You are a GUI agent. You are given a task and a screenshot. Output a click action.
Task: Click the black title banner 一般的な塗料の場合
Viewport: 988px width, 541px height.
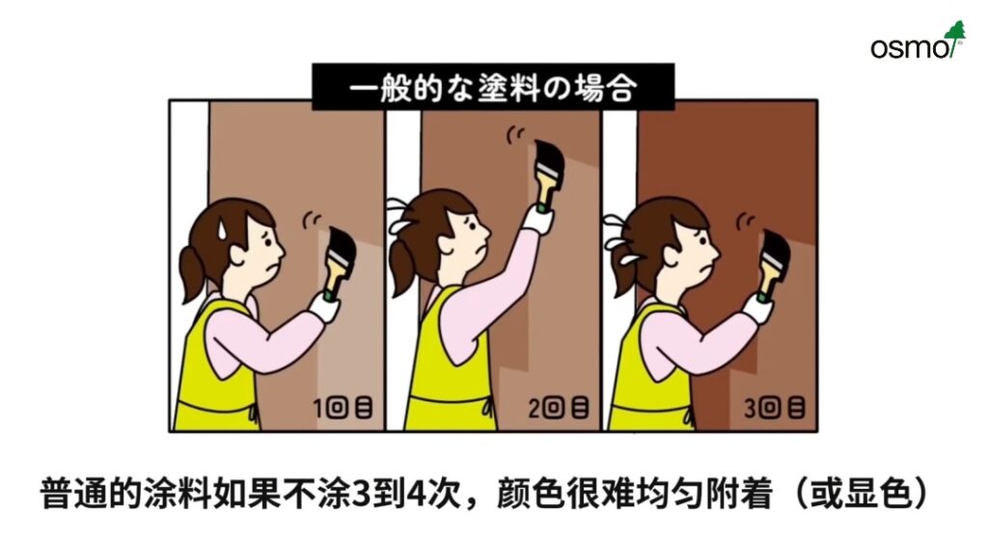[x=493, y=86]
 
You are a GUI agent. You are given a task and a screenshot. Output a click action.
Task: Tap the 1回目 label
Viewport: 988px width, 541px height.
[x=343, y=408]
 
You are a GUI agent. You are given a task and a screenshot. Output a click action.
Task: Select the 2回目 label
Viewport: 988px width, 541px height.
[x=559, y=408]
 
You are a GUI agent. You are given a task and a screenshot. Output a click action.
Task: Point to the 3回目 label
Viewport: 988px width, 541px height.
[x=775, y=408]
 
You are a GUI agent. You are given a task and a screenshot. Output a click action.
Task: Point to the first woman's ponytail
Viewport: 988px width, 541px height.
[x=193, y=272]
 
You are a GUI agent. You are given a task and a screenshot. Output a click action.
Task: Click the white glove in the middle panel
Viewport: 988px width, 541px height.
[x=538, y=220]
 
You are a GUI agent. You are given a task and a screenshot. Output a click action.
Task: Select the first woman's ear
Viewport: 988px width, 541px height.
[x=238, y=254]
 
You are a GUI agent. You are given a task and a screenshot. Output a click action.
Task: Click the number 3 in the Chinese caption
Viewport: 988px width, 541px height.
[x=360, y=494]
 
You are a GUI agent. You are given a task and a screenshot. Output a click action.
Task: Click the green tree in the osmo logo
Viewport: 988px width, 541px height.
[x=955, y=35]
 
